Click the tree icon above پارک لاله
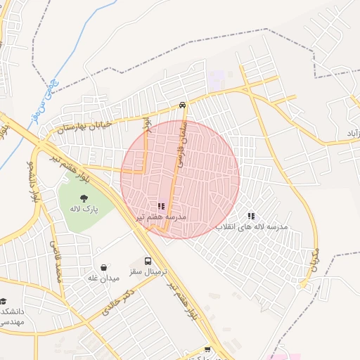click(x=84, y=198)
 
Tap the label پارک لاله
click(x=84, y=209)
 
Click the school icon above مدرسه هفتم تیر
click(x=161, y=207)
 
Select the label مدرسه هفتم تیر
click(x=161, y=218)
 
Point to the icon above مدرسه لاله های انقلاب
click(x=251, y=216)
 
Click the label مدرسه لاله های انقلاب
click(x=251, y=227)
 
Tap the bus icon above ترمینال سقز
click(x=148, y=260)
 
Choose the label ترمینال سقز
click(x=148, y=271)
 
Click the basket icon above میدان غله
click(x=104, y=267)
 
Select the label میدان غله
click(x=101, y=278)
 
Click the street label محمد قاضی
click(x=53, y=259)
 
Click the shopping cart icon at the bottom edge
click(x=207, y=349)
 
